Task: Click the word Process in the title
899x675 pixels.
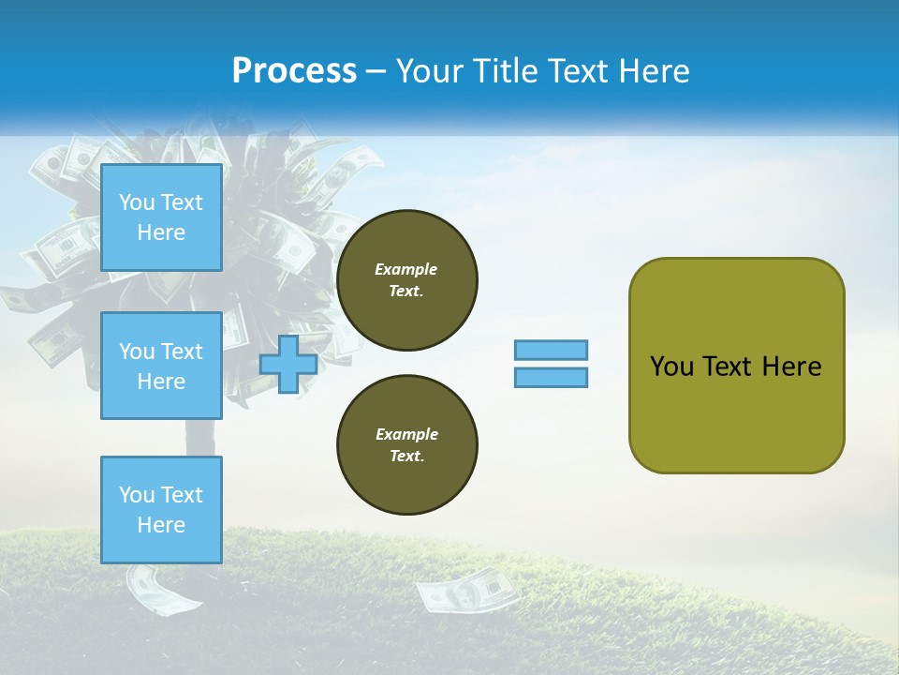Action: click(x=294, y=71)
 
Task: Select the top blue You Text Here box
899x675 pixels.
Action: click(x=161, y=217)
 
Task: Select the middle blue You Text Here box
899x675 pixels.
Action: click(x=161, y=366)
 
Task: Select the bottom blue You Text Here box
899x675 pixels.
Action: click(x=161, y=510)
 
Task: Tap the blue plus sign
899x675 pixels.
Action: click(x=288, y=364)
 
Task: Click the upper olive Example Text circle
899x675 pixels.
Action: click(x=406, y=280)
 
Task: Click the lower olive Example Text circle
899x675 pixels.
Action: click(x=406, y=445)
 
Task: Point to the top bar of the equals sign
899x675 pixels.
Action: click(x=552, y=350)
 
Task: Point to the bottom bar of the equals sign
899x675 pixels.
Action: click(x=552, y=377)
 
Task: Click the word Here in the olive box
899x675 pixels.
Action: click(x=791, y=367)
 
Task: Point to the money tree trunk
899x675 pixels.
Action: click(x=199, y=441)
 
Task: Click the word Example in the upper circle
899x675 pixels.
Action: click(x=406, y=269)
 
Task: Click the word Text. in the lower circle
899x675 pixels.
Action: click(x=406, y=457)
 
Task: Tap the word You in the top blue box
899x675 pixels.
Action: click(x=137, y=202)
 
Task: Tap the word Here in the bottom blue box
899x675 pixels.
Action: click(x=161, y=526)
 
